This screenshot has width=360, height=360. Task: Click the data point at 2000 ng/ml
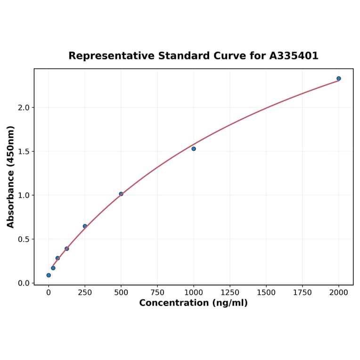click(x=339, y=79)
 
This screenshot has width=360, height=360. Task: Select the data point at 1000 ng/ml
click(x=194, y=149)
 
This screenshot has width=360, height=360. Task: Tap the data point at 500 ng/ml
click(x=121, y=194)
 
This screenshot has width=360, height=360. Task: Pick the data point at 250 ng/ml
click(x=85, y=226)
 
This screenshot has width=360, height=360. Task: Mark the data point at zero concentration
click(x=49, y=275)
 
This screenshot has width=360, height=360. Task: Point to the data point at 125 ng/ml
click(x=67, y=249)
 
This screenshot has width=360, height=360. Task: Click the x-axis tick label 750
click(x=157, y=293)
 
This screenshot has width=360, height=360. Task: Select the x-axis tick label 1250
click(x=230, y=293)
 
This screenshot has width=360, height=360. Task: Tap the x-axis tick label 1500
click(x=266, y=293)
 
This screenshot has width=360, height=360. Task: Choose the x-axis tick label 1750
click(x=303, y=293)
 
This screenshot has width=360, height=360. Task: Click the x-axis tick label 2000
click(x=339, y=293)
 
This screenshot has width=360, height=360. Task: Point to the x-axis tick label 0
click(x=49, y=293)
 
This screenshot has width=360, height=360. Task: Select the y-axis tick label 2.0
click(x=24, y=107)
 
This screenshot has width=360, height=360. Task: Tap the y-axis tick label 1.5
click(x=24, y=152)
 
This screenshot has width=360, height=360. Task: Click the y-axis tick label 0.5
click(x=24, y=239)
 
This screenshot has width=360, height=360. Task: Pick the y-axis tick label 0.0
click(x=24, y=283)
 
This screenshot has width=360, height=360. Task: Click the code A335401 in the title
click(x=294, y=56)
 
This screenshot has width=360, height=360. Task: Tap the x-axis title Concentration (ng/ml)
click(x=193, y=303)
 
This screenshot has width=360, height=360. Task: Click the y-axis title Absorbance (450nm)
click(x=11, y=177)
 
